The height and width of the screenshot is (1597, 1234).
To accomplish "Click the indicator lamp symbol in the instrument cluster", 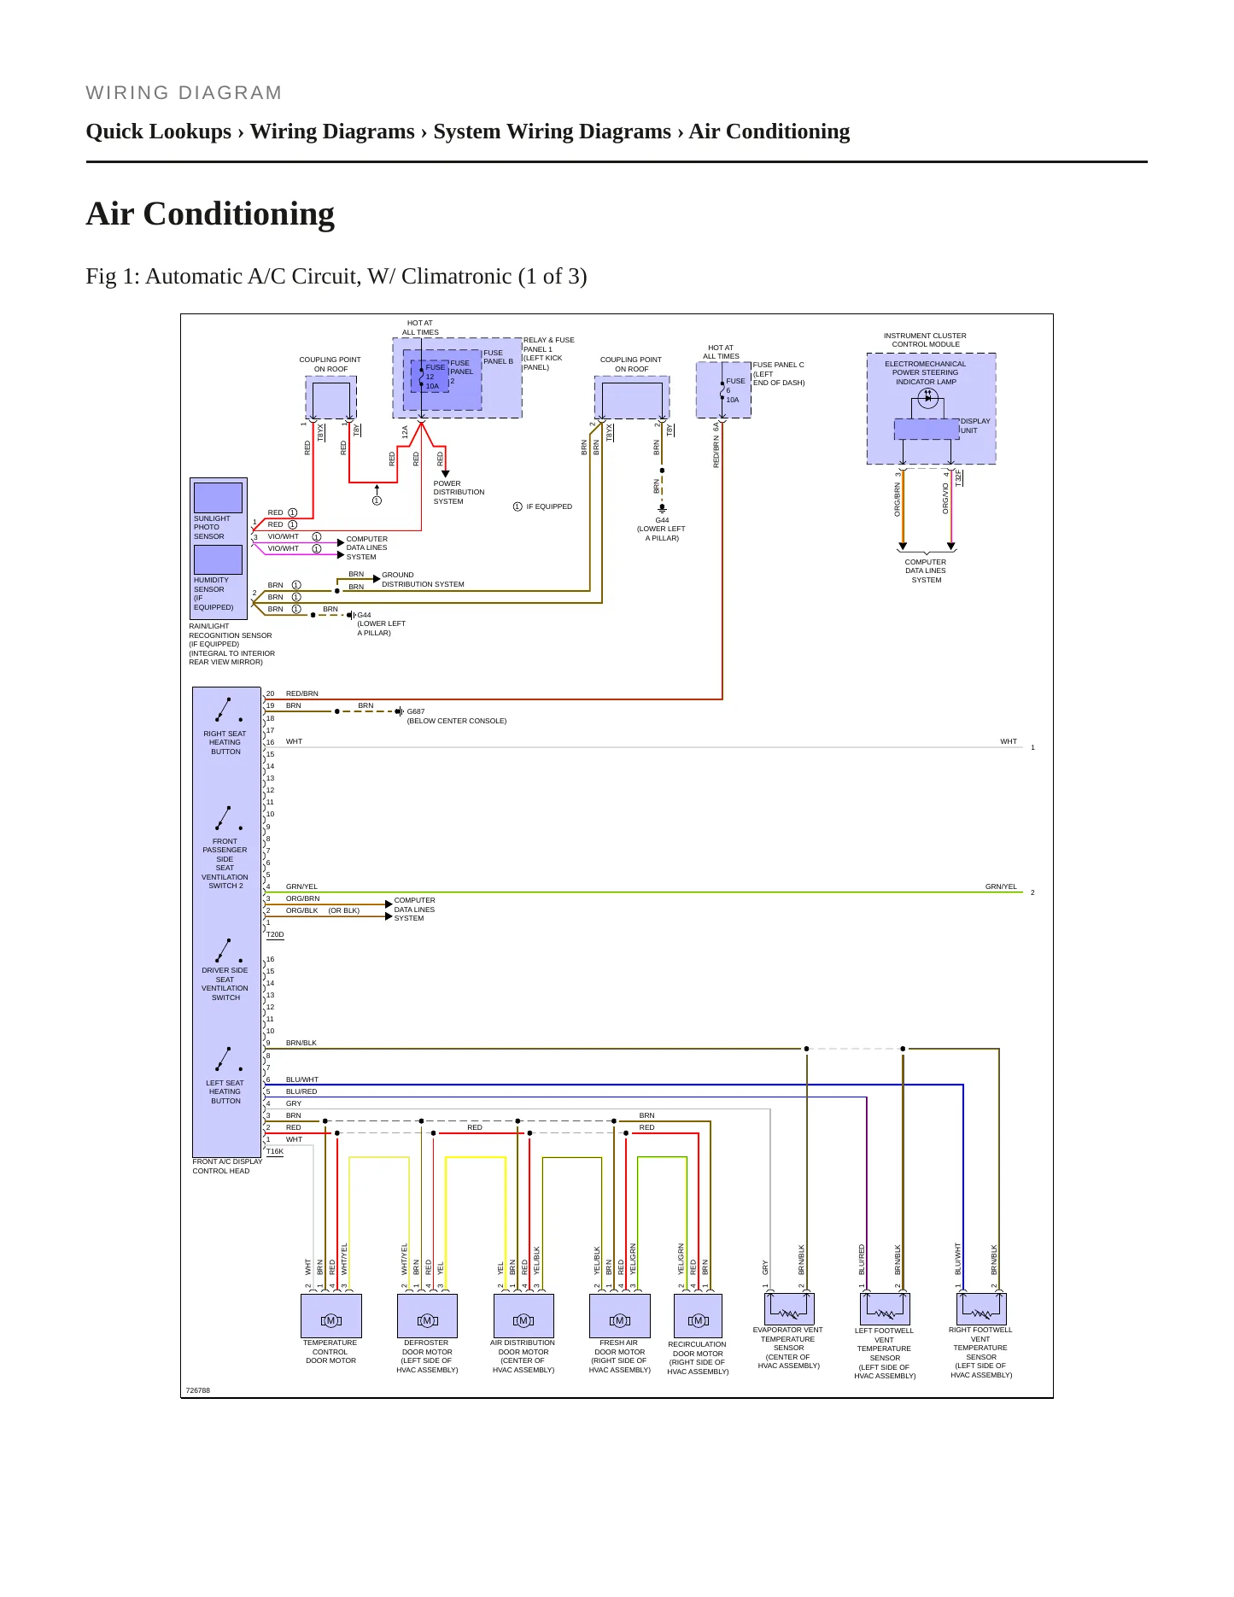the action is (927, 397).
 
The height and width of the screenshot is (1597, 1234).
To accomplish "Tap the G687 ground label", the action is (416, 711).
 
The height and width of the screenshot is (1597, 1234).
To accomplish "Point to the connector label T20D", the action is (275, 935).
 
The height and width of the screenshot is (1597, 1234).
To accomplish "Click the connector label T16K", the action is (275, 1152).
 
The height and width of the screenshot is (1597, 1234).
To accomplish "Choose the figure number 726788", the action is (198, 1390).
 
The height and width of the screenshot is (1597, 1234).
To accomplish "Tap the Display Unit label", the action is (975, 425).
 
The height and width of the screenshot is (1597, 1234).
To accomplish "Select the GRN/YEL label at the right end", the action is (1001, 886).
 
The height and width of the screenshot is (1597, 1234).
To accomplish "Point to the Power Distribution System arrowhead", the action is (445, 474).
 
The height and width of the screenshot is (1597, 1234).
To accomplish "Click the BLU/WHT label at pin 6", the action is (302, 1079).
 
